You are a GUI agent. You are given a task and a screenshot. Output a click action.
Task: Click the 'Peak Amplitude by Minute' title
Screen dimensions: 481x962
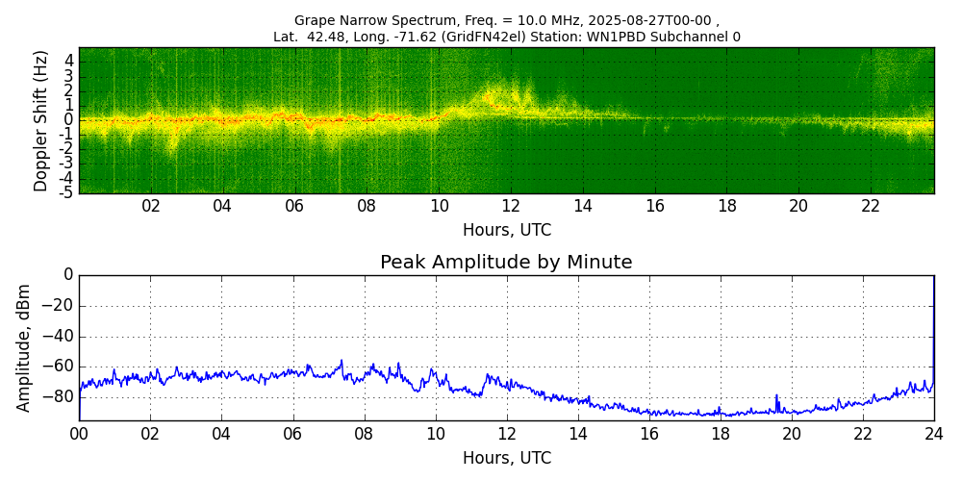(x=506, y=263)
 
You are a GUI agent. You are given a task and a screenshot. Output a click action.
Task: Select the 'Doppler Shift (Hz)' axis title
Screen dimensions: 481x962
(x=40, y=121)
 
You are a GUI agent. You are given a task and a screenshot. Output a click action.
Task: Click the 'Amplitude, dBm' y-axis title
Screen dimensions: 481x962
(x=25, y=347)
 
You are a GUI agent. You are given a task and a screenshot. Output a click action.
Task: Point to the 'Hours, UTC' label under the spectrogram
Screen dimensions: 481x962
(x=506, y=231)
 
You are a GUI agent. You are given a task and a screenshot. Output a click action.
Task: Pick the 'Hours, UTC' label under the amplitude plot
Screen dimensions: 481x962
(x=506, y=459)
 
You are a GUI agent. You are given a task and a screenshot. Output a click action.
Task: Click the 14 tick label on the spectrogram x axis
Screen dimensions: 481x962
(x=583, y=207)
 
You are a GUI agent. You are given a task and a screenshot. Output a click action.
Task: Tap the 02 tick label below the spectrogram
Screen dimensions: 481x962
(x=151, y=207)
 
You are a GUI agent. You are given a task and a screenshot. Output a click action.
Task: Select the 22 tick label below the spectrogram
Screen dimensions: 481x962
(x=871, y=207)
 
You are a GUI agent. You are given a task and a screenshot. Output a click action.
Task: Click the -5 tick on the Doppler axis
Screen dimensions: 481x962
(x=66, y=192)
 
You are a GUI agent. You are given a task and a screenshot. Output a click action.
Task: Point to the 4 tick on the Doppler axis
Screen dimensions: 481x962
(x=69, y=61)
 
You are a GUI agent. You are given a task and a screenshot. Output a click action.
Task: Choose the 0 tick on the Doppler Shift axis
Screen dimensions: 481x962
(x=69, y=120)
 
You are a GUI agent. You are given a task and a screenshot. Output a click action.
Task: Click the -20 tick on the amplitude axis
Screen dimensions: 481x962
(x=59, y=306)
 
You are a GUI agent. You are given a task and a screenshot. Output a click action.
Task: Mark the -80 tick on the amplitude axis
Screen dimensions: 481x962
(x=59, y=396)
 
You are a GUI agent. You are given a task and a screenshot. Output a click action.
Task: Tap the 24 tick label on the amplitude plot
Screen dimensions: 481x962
(x=934, y=434)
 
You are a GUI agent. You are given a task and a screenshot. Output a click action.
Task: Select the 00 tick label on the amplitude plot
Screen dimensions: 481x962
(x=79, y=434)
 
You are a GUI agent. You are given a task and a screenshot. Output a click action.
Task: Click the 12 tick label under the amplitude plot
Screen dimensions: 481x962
(x=506, y=434)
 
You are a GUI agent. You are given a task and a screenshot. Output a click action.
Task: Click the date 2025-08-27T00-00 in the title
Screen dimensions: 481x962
(x=649, y=20)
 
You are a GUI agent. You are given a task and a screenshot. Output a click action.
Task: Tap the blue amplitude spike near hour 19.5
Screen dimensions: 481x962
(x=776, y=396)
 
